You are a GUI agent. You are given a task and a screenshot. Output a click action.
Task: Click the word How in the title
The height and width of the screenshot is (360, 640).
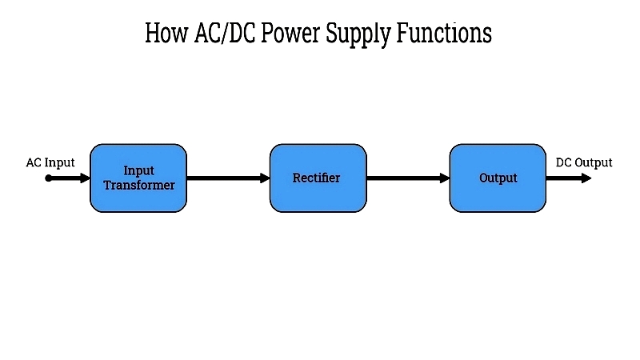pos(166,33)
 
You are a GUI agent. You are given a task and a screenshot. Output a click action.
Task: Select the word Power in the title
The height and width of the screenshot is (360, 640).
pos(290,33)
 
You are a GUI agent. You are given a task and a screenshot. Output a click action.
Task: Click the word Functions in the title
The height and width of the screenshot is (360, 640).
pos(444,33)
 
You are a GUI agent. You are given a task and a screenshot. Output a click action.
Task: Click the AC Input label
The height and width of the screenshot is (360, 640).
pos(50,162)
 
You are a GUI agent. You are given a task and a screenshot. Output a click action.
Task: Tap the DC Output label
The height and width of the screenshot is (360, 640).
pos(584,162)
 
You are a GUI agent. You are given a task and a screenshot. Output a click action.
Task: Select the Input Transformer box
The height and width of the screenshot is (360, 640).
pos(138,178)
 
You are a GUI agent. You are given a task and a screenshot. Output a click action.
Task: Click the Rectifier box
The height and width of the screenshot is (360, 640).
pos(318,178)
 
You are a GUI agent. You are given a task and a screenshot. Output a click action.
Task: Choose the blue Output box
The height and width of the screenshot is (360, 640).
pos(498,178)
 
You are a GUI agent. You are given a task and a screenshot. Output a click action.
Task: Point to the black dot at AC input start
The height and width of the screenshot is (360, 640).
pos(48,178)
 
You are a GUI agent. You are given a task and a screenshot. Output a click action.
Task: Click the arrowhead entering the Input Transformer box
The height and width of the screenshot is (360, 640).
pos(86,178)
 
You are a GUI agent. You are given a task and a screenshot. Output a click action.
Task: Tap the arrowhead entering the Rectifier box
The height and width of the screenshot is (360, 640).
pos(265,178)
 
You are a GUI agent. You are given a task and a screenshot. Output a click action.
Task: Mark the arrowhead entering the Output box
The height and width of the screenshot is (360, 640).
pos(445,178)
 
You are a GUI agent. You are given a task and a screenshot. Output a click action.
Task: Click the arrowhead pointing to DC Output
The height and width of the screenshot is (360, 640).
pos(586,178)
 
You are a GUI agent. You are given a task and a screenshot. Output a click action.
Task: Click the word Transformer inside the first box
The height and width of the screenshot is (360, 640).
pos(139,186)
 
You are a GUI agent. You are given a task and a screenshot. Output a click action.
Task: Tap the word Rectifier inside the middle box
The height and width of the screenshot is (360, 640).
pos(316,178)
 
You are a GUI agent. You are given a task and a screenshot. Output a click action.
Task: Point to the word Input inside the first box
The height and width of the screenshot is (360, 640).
pos(138,170)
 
